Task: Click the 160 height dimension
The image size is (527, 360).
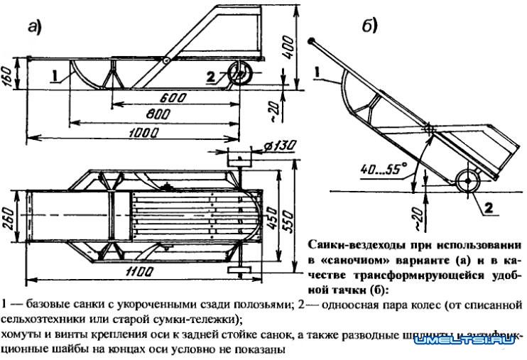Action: [6, 75]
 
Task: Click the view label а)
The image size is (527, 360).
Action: [34, 28]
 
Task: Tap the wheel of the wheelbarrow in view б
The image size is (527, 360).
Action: [467, 180]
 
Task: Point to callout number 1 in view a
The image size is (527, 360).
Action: [53, 72]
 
